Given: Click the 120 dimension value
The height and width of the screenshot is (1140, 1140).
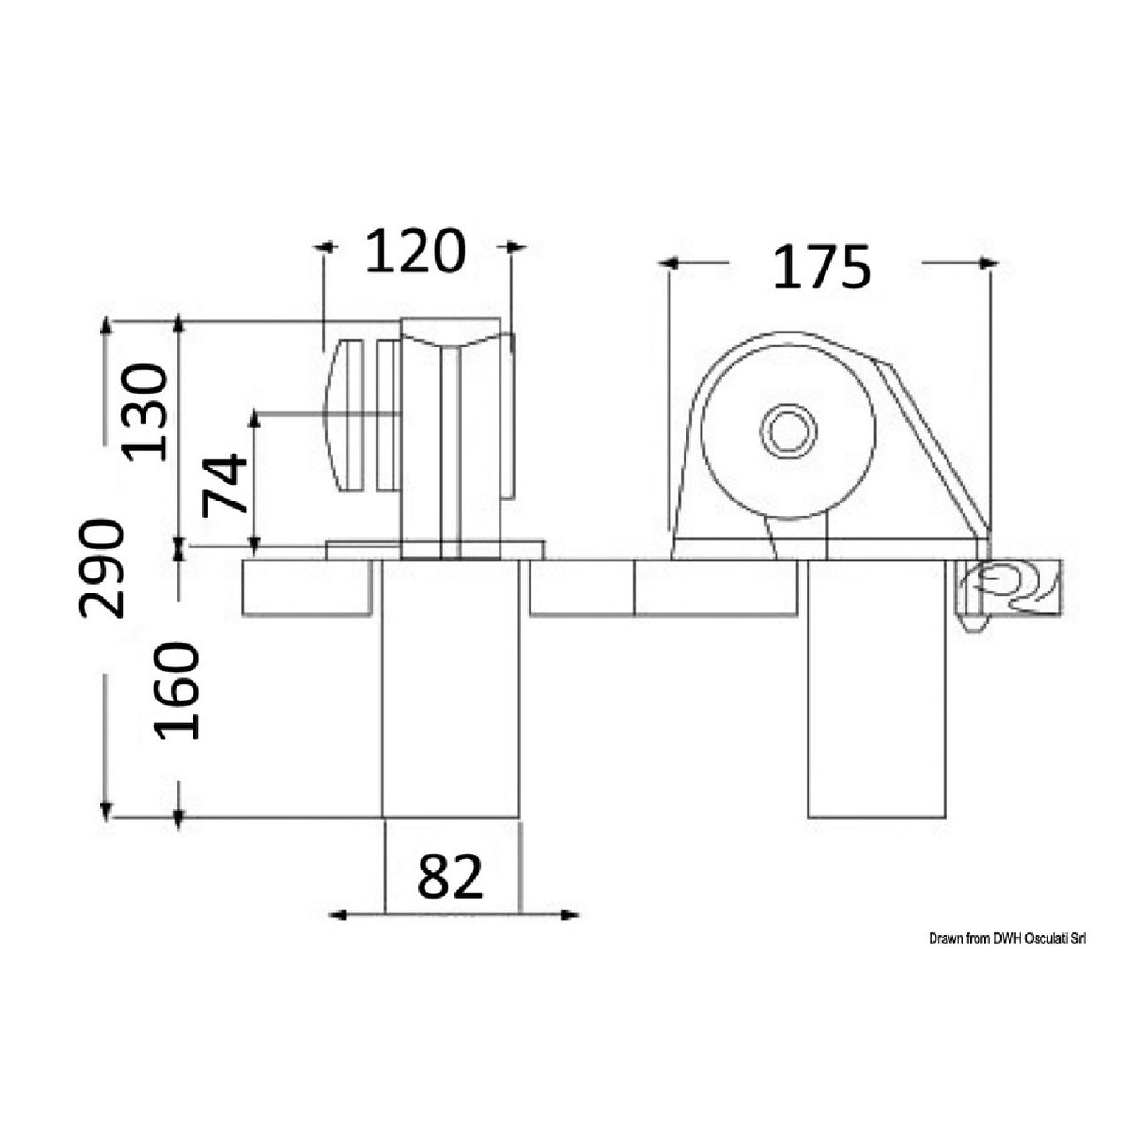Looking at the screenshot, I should tap(414, 251).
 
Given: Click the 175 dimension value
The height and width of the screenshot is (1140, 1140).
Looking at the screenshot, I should tap(822, 267).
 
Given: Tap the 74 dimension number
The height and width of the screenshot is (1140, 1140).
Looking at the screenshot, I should tap(225, 483).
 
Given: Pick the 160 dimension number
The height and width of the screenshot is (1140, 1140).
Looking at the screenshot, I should tap(177, 690).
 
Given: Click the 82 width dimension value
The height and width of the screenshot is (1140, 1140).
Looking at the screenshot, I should tap(450, 876).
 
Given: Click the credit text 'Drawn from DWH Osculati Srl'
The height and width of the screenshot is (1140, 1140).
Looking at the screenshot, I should tap(1008, 938).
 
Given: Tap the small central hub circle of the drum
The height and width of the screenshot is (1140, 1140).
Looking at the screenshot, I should tap(789, 433).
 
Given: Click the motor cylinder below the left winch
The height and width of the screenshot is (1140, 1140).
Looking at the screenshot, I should tap(451, 714).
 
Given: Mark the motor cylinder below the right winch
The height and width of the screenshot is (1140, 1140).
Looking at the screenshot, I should tap(875, 714).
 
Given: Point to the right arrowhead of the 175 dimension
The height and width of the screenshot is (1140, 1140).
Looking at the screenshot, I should tap(988, 264).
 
